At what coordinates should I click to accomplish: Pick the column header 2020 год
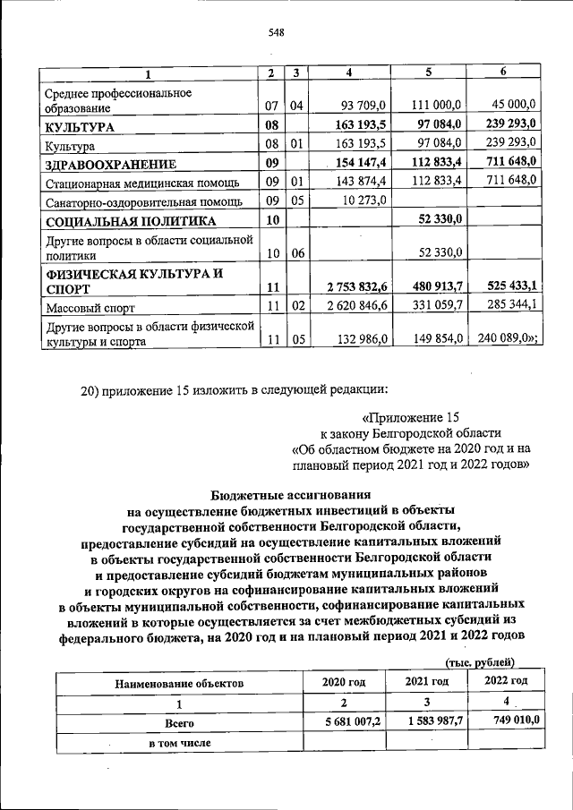coord(344,682)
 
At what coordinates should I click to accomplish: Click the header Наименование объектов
coord(178,683)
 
